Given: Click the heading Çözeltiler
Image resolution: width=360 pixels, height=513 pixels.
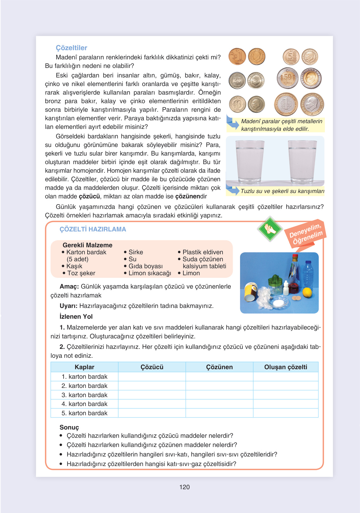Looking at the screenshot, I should tap(71, 48).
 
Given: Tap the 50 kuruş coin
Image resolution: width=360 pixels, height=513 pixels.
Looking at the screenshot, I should tap(287, 78).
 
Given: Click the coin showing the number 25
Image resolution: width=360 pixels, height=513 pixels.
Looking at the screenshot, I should tap(237, 80).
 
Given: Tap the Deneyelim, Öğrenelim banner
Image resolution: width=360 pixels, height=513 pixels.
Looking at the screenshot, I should tap(305, 234).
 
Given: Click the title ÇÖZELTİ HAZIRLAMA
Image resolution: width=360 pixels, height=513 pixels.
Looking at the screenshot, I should tap(93, 229).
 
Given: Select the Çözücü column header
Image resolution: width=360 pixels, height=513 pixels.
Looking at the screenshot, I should tap(152, 367).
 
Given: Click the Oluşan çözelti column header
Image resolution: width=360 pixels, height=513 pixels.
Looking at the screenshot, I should tap(285, 367).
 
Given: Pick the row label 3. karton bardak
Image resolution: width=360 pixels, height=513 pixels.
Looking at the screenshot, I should tap(84, 395).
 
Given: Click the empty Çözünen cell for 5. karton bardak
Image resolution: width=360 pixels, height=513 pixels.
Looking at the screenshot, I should tap(219, 413).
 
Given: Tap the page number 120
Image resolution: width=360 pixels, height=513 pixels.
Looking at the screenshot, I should tap(184, 487).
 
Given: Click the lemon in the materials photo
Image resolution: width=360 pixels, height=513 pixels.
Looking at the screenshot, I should tap(307, 292).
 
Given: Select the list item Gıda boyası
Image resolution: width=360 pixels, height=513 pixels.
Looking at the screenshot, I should tap(145, 266).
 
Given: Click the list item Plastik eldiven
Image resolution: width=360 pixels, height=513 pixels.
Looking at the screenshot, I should tap(203, 252).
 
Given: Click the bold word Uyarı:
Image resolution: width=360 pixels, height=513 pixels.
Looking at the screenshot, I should tap(69, 306).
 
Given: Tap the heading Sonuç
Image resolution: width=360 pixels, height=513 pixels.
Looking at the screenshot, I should tap(69, 427).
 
